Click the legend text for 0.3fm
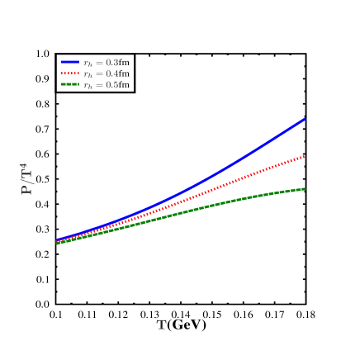tap(107, 62)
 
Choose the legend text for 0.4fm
tap(107, 73)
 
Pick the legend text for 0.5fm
tap(107, 85)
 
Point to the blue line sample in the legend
tap(70, 62)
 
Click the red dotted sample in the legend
tap(70, 73)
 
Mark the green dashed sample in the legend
tap(70, 85)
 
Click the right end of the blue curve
tap(305, 119)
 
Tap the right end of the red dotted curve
tap(305, 156)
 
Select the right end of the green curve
tap(305, 189)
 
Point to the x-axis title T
tap(162, 324)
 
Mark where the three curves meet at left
tap(57, 242)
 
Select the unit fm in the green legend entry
tap(124, 85)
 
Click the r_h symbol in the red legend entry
tap(88, 74)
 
